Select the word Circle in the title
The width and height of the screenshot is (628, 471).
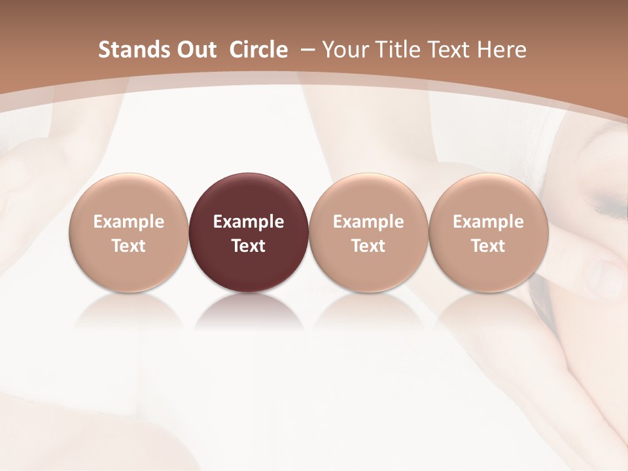(x=258, y=50)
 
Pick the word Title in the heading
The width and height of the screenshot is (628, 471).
(x=395, y=50)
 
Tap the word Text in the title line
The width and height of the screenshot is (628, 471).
(x=447, y=50)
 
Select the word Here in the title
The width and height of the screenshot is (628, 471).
(x=502, y=50)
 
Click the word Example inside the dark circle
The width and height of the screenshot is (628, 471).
(x=249, y=222)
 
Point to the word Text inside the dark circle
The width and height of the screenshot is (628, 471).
(x=249, y=246)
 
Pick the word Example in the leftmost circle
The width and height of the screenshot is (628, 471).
(x=128, y=222)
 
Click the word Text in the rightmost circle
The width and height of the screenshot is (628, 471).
(x=488, y=246)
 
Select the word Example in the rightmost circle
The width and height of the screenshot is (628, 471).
(x=488, y=222)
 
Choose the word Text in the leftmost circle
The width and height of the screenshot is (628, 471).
(x=128, y=246)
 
